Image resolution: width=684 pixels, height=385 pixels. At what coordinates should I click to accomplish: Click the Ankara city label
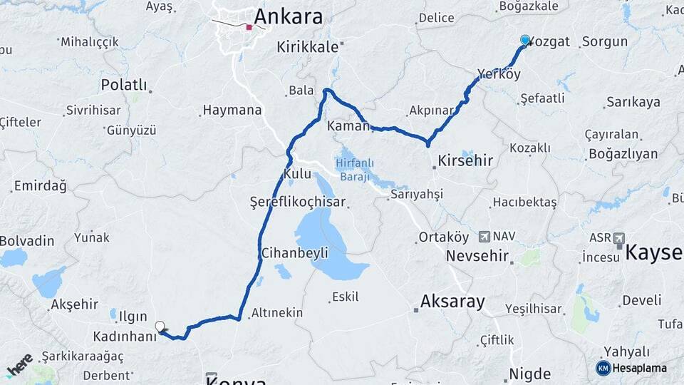click(x=288, y=16)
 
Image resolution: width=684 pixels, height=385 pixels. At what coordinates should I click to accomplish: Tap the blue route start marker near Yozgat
click(x=525, y=40)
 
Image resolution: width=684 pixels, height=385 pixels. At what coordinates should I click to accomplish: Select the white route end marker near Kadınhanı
click(x=160, y=327)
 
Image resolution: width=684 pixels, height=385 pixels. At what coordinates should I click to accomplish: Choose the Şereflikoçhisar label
click(x=298, y=202)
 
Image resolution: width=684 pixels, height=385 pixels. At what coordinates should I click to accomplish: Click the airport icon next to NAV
click(x=484, y=236)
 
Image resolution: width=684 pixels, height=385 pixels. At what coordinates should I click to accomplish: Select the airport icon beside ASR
click(x=618, y=237)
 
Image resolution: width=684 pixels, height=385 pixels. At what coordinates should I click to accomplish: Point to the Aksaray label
click(x=452, y=302)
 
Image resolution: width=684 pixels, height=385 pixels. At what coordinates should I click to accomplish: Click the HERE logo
click(x=19, y=364)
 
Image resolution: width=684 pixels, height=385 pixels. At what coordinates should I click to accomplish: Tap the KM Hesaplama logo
click(x=631, y=368)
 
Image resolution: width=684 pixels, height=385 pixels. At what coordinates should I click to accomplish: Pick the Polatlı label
click(x=124, y=86)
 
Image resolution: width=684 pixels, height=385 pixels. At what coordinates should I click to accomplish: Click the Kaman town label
click(x=348, y=126)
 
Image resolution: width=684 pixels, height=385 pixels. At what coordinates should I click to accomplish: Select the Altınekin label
click(x=277, y=313)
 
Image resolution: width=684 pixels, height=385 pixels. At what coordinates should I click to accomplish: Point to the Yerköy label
click(x=499, y=74)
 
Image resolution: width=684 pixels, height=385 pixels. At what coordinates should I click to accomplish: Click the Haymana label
click(x=232, y=111)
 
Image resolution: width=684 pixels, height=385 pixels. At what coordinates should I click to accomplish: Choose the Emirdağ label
click(x=40, y=187)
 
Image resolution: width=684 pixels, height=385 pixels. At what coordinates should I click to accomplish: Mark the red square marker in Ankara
click(x=249, y=27)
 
